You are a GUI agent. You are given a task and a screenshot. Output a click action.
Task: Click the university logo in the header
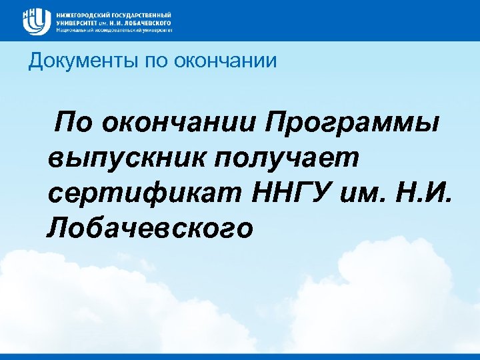click(x=35, y=20)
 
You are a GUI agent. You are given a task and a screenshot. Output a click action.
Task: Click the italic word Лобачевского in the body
click(x=151, y=229)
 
